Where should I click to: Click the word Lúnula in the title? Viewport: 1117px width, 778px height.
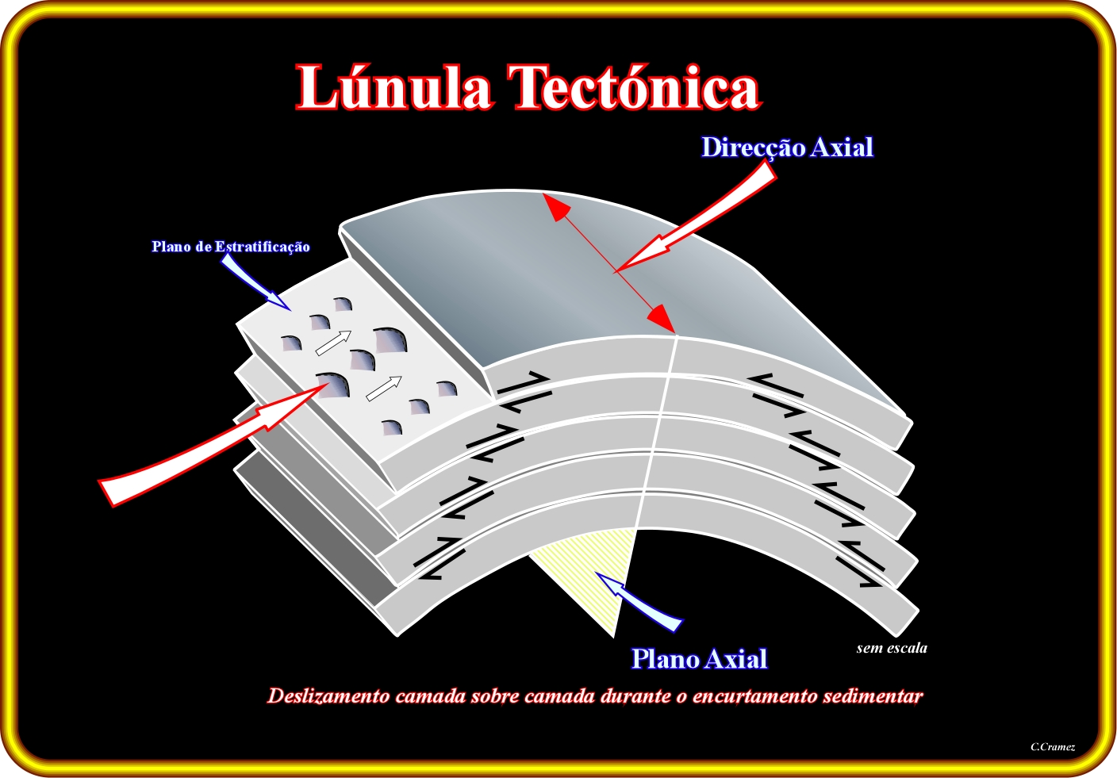pyautogui.click(x=395, y=86)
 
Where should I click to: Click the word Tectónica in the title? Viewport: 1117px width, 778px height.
pyautogui.click(x=634, y=86)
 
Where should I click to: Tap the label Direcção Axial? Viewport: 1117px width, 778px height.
pyautogui.click(x=788, y=148)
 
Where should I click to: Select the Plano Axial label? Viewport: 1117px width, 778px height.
pyautogui.click(x=699, y=658)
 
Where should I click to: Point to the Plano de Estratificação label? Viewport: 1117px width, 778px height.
pyautogui.click(x=230, y=247)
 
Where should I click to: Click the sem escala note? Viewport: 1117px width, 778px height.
pyautogui.click(x=892, y=648)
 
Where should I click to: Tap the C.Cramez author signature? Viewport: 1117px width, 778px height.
pyautogui.click(x=1053, y=746)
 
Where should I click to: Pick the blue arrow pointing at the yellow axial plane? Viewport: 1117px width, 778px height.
pyautogui.click(x=639, y=602)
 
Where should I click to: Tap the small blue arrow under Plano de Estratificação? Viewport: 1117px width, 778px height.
pyautogui.click(x=255, y=282)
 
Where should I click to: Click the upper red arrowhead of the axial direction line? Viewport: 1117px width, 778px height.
pyautogui.click(x=556, y=207)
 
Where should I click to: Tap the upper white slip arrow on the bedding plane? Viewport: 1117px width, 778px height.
pyautogui.click(x=334, y=343)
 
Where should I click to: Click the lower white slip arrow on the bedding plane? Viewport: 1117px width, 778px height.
pyautogui.click(x=384, y=389)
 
